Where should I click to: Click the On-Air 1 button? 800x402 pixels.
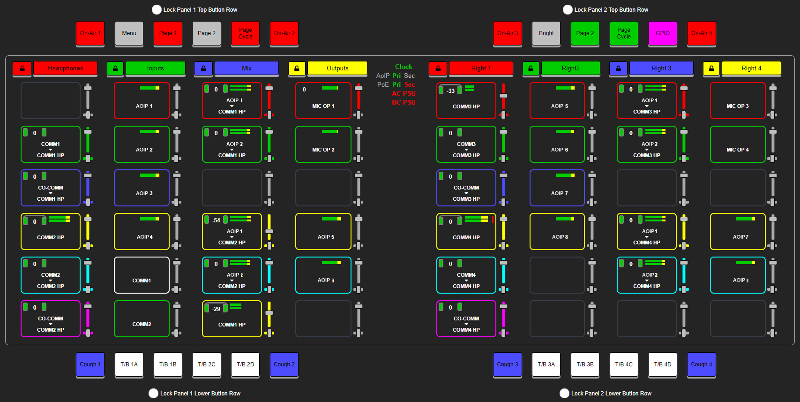click(90, 33)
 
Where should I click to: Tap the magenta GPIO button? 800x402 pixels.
click(662, 33)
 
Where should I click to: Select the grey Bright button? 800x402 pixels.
click(546, 33)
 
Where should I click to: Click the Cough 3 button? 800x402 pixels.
click(507, 364)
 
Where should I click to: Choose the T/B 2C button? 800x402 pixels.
click(207, 364)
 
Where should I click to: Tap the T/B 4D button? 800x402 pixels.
click(662, 364)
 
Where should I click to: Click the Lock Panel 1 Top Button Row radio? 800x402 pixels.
click(157, 10)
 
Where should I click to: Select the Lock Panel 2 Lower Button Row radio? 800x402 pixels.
click(564, 394)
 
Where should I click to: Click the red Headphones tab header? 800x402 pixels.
click(65, 68)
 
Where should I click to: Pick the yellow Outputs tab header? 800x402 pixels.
click(337, 68)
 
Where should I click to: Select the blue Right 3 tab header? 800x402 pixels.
click(661, 68)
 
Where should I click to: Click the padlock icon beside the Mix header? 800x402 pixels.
click(203, 68)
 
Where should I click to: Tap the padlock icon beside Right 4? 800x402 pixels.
click(711, 68)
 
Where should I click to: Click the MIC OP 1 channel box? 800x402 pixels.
click(323, 101)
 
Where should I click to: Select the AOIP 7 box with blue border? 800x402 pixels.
click(557, 188)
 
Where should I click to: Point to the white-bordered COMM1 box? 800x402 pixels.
click(142, 275)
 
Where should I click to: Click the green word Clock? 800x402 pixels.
click(404, 67)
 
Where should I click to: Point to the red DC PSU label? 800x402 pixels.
click(404, 103)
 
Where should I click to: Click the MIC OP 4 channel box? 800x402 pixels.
click(737, 144)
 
